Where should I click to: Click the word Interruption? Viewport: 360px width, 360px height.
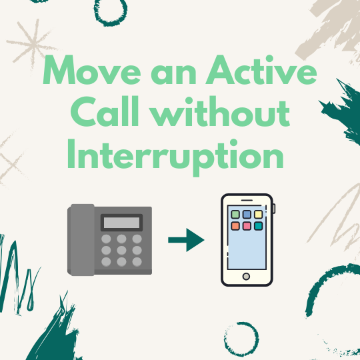click(x=171, y=155)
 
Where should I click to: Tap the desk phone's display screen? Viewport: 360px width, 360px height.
click(x=121, y=222)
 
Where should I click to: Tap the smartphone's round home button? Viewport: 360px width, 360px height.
click(x=247, y=276)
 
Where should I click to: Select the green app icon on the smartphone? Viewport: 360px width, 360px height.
click(x=234, y=215)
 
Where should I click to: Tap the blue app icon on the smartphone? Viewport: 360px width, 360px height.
click(x=247, y=215)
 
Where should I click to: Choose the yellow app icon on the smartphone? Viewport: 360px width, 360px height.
click(x=259, y=215)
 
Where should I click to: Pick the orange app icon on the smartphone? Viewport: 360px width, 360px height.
click(x=234, y=227)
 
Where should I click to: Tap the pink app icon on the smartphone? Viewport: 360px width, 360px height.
click(x=247, y=227)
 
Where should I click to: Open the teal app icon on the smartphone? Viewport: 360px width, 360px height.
click(x=259, y=227)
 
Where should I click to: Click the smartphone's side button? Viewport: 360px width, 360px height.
click(x=274, y=210)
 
